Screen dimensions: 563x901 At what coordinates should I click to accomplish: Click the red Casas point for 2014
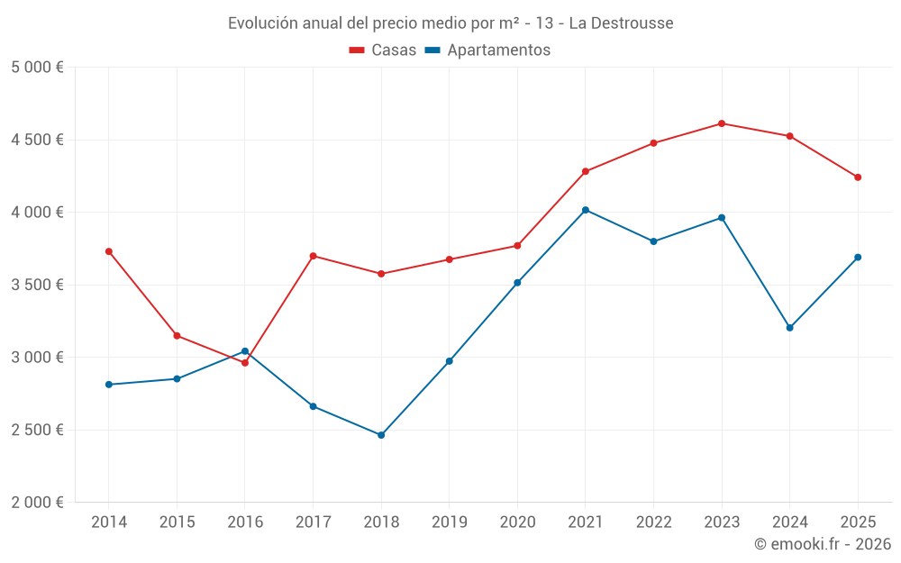pos(109,251)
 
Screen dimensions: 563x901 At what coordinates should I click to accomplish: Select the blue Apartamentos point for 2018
pos(381,435)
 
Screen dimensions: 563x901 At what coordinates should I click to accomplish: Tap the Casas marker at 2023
pos(722,123)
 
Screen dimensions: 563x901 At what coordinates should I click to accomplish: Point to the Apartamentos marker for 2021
pos(586,210)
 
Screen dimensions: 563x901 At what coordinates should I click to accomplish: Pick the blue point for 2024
pos(789,328)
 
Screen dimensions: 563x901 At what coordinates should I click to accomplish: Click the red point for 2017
pos(313,256)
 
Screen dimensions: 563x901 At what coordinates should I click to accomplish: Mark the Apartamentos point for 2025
pos(858,258)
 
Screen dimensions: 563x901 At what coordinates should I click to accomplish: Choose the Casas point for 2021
pos(586,171)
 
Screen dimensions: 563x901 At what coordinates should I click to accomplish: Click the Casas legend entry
pos(383,50)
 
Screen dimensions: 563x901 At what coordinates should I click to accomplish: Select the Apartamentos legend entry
pos(487,50)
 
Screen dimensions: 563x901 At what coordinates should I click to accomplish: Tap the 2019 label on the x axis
pos(449,522)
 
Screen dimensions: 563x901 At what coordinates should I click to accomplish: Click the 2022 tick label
pos(653,522)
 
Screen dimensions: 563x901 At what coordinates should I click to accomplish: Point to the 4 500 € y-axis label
pos(37,140)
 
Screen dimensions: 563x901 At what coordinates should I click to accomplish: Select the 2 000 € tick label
pos(37,502)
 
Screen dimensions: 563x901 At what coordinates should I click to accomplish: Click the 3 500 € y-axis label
pos(37,285)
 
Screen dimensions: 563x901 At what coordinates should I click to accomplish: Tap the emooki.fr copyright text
pos(822,544)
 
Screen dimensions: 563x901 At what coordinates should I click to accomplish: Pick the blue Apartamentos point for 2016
pos(245,351)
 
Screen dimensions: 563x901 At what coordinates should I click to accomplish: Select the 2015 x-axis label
pos(177,522)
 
